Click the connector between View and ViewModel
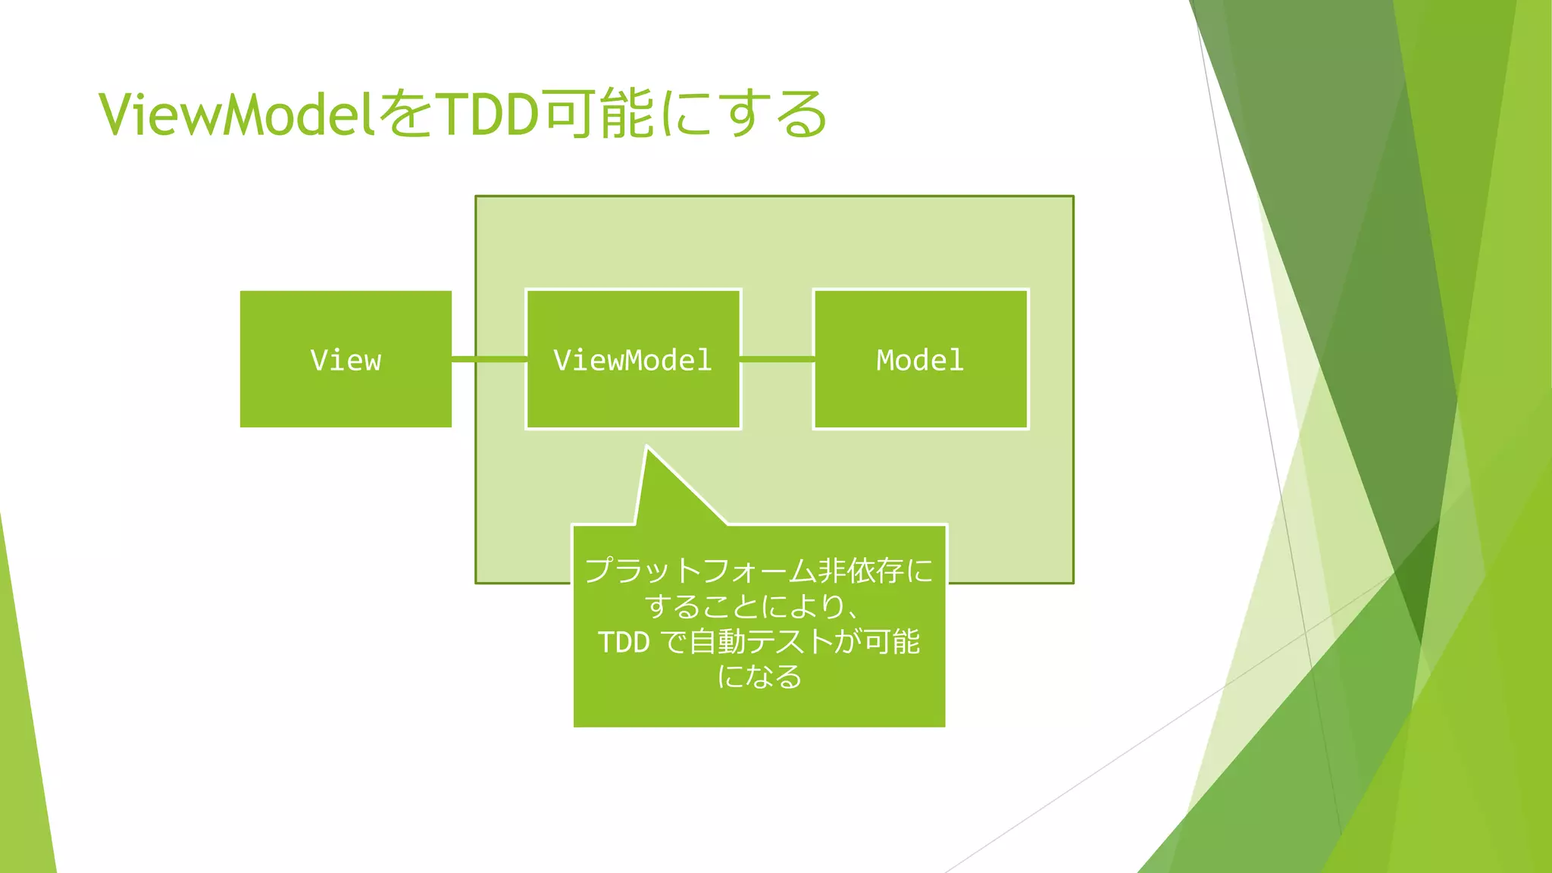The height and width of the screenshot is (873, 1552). (x=489, y=359)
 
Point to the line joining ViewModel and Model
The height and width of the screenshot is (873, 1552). (x=777, y=359)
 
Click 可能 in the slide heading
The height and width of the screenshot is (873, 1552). (x=599, y=115)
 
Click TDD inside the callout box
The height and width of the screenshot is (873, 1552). (x=624, y=643)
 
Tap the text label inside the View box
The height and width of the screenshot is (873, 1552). (x=346, y=360)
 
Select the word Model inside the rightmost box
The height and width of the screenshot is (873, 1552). (x=920, y=360)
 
